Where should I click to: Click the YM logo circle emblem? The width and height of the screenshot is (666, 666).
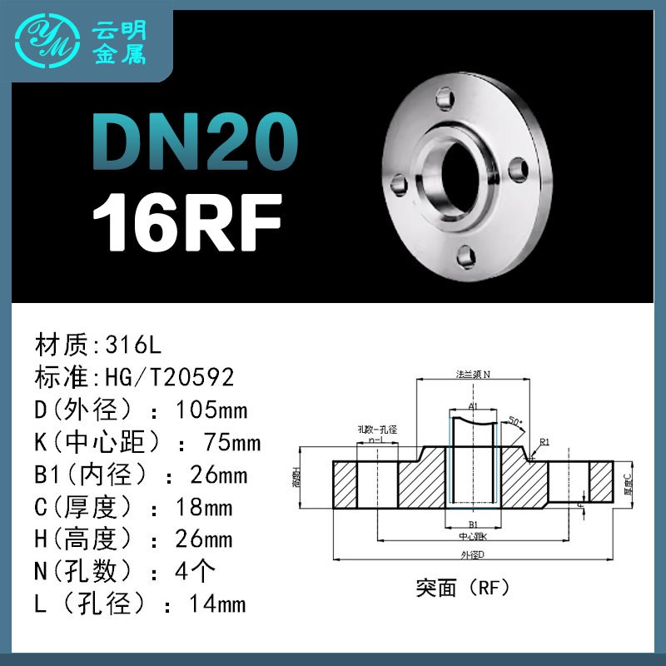coord(50,41)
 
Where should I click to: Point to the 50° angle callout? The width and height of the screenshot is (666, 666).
coord(516,422)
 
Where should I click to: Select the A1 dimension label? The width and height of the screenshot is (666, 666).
coord(472,405)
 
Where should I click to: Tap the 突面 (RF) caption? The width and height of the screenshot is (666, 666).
coord(463,588)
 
